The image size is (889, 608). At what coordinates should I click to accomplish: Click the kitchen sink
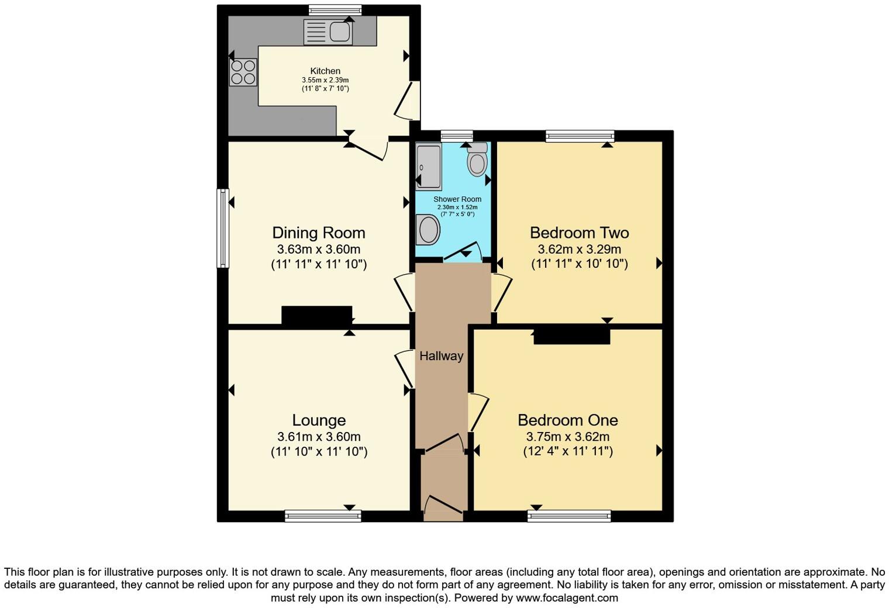[328, 32]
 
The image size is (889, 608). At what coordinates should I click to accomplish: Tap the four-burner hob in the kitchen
[243, 72]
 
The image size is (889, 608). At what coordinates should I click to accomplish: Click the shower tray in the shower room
[429, 167]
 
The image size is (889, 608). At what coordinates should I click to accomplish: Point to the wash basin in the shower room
[428, 230]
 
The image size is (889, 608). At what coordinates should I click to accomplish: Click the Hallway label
[441, 356]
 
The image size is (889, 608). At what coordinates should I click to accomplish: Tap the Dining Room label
[319, 233]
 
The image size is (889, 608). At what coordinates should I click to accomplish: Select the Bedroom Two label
[579, 233]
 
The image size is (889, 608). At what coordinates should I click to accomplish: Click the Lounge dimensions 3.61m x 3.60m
[319, 437]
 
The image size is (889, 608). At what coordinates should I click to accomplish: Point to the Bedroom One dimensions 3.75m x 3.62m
[567, 437]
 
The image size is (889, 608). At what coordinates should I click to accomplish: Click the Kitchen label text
[325, 71]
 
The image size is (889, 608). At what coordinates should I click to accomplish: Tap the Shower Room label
[457, 199]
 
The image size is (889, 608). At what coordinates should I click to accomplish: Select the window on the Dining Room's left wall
[222, 228]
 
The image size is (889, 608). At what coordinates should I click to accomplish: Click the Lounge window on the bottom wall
[323, 516]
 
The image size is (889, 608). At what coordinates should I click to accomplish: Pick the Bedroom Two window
[580, 136]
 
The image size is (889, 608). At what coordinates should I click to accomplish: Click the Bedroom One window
[568, 516]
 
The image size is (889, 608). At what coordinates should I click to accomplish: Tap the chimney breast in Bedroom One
[572, 336]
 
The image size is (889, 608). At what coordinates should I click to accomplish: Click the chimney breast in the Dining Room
[316, 315]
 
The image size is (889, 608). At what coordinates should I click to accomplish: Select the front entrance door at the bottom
[443, 508]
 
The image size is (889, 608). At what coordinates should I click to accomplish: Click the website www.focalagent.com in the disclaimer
[567, 597]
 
